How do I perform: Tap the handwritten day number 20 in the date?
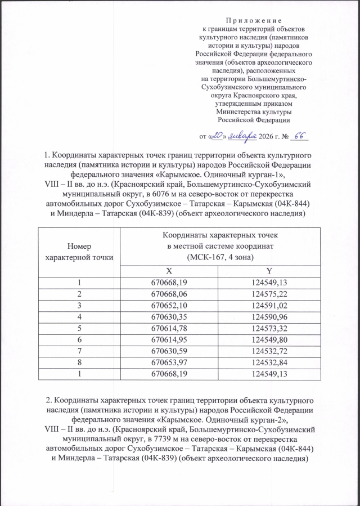pyautogui.click(x=217, y=135)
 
